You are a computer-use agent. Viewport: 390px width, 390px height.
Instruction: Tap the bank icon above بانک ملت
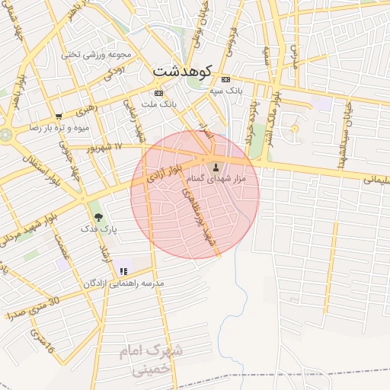tap(158, 93)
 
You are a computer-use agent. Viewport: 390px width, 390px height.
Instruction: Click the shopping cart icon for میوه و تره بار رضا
tap(58, 117)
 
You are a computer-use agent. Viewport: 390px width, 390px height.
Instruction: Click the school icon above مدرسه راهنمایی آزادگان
tap(123, 271)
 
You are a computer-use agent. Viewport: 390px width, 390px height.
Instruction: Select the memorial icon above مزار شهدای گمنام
tap(214, 167)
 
